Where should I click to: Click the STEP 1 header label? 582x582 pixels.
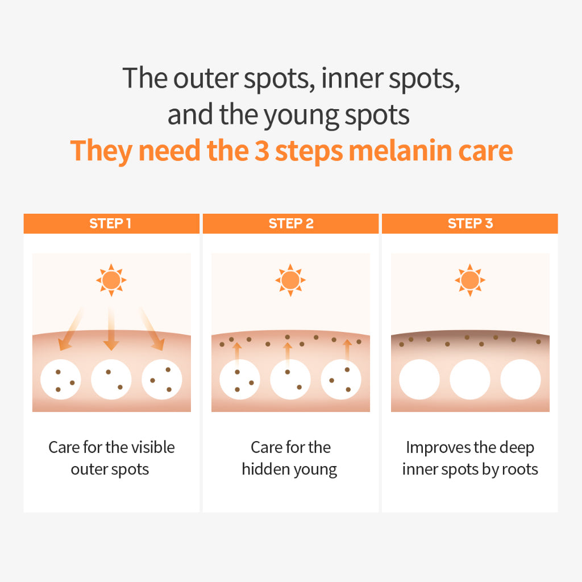pos(110,223)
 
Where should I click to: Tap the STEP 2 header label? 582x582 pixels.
pos(291,223)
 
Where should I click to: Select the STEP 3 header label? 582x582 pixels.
pos(470,223)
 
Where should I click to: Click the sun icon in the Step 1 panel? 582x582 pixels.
pos(111,280)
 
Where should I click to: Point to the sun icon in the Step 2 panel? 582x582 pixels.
pos(290,280)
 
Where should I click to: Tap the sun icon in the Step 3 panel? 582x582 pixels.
pos(470,280)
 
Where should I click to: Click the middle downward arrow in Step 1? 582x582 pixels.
pos(111,329)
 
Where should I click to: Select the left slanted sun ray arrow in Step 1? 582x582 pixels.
pos(70,329)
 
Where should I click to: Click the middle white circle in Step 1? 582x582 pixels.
pos(111,379)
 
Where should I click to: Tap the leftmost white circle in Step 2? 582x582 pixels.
pos(240,379)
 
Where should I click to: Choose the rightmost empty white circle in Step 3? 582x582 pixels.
pos(521,379)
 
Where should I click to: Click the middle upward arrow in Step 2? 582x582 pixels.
pos(287,355)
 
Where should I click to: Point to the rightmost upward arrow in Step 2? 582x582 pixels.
pos(347,352)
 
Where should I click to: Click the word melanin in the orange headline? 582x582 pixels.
pos(400,151)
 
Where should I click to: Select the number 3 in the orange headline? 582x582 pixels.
pos(262,151)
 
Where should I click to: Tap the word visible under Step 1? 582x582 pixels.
pos(153,447)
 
